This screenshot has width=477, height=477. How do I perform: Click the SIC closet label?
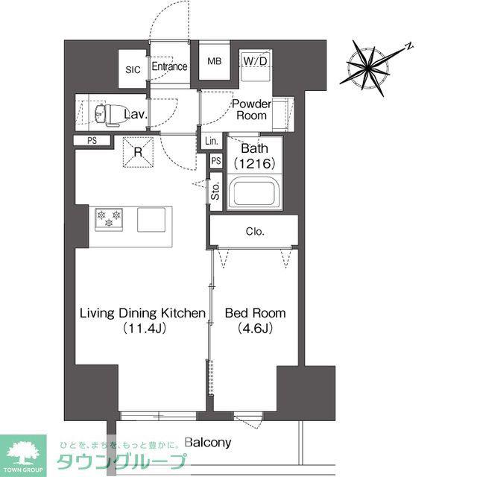(133, 69)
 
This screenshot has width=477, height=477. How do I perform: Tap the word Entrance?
(169, 66)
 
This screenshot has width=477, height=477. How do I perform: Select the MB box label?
(214, 61)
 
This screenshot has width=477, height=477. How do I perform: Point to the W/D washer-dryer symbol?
(256, 66)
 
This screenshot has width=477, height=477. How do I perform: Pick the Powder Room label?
(252, 110)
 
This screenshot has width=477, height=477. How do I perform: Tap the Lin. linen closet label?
(212, 141)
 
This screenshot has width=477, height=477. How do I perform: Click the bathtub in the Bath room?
(255, 193)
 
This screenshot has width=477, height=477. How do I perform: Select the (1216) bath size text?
(255, 164)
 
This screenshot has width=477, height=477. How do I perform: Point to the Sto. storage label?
(215, 191)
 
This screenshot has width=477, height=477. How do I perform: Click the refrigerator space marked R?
(138, 152)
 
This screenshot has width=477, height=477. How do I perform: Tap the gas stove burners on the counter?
(109, 219)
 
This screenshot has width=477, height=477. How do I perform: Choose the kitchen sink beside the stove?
(151, 220)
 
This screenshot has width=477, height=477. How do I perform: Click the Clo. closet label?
(255, 232)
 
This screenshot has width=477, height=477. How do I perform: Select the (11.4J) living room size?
(144, 328)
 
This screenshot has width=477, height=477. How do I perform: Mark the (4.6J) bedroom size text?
(255, 328)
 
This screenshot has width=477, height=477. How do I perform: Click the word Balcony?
(208, 442)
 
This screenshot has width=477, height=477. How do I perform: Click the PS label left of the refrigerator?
(92, 141)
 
